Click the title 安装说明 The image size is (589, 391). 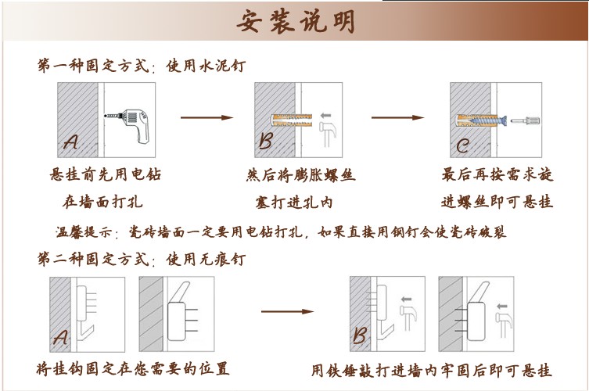(296, 21)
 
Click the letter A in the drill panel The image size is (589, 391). (71, 143)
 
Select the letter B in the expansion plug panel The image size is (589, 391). (266, 142)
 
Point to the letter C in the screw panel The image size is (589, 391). (463, 145)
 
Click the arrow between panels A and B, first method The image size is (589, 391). (207, 117)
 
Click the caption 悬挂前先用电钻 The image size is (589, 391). (105, 174)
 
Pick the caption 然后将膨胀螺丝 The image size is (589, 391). (301, 174)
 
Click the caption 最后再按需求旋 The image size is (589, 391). (497, 174)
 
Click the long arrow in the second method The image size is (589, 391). (292, 311)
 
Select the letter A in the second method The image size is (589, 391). (61, 338)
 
